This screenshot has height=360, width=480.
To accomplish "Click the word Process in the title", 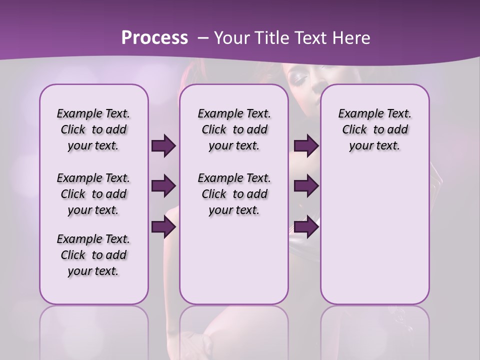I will click(x=154, y=38).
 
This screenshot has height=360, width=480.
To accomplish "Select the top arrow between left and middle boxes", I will click(x=163, y=145).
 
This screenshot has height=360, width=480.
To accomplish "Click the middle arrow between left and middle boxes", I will click(x=163, y=186).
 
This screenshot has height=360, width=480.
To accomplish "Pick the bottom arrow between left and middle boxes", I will click(x=163, y=227).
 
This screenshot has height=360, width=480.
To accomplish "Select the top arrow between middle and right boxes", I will click(x=306, y=145).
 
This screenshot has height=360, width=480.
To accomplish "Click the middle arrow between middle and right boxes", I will click(x=306, y=186).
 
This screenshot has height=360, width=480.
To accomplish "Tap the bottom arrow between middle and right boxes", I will click(x=306, y=227).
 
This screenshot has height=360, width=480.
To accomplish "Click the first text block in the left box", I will click(x=93, y=129).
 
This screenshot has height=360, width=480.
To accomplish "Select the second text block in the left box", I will click(x=93, y=194).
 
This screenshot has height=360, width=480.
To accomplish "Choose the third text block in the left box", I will click(x=93, y=255).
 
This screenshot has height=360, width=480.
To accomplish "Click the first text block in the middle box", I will click(x=234, y=129).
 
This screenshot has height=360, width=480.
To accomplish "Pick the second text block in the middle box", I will click(x=234, y=194).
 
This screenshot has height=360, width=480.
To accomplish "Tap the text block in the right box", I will click(x=374, y=129).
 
